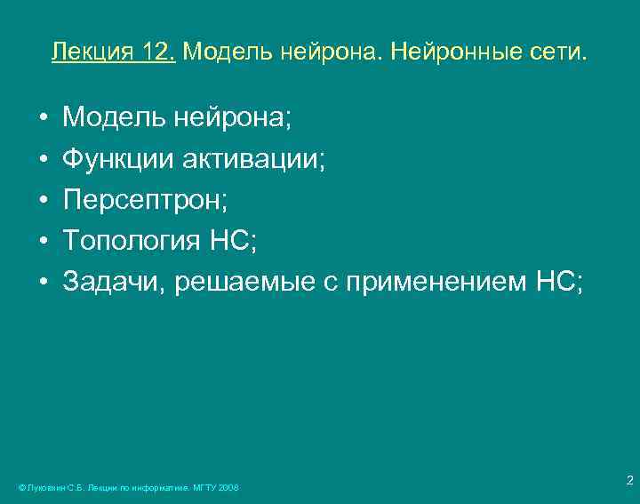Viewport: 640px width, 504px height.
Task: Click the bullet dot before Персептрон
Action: coord(43,201)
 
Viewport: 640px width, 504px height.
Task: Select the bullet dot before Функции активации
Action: coord(43,160)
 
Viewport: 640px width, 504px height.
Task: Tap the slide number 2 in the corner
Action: coord(628,481)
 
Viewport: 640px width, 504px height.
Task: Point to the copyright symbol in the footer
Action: coord(21,488)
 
